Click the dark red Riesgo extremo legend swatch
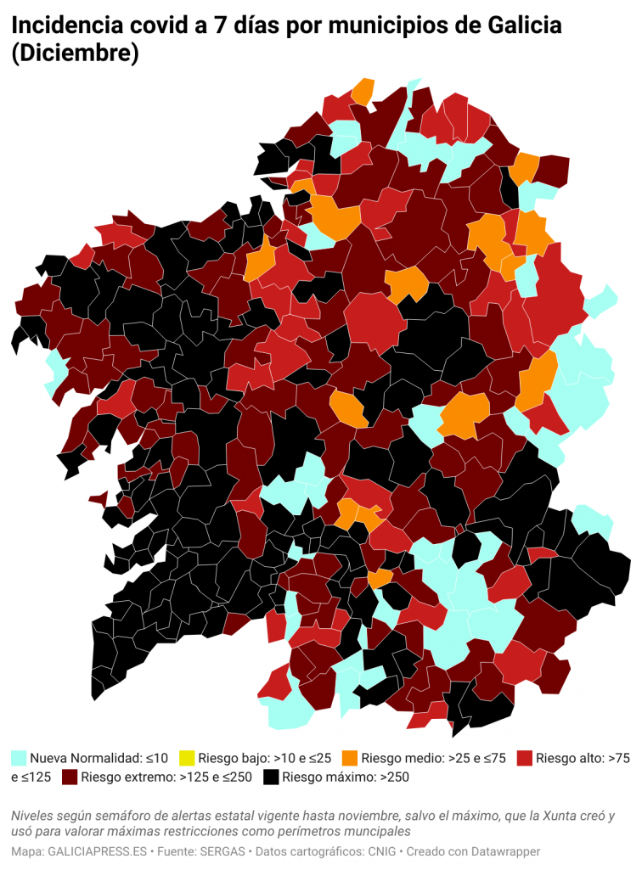pos(70,777)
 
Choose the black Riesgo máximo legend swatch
pos(271,777)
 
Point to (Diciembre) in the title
pos(75,54)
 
